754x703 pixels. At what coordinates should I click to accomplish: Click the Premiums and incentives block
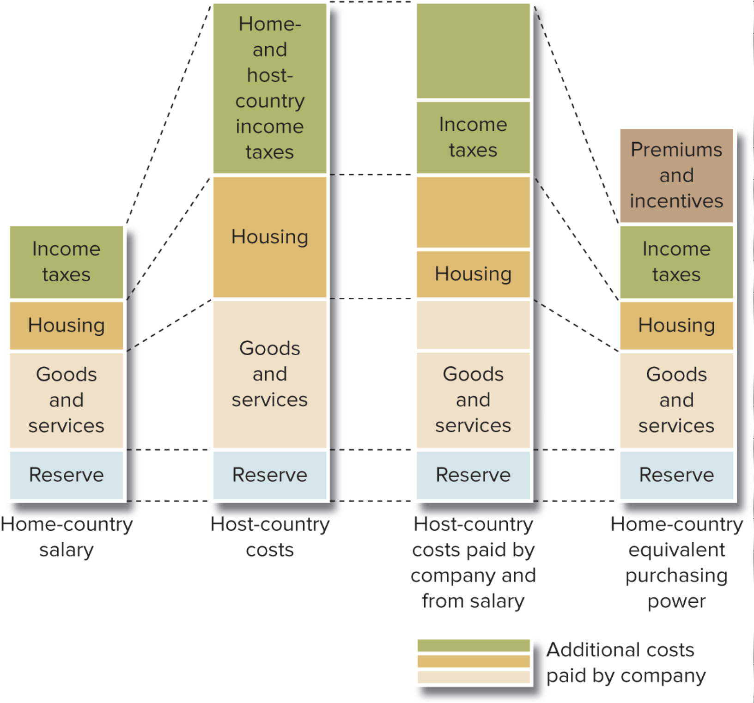[676, 176]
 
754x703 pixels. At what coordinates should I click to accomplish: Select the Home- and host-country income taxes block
[270, 88]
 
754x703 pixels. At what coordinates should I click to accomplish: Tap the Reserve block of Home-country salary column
[67, 475]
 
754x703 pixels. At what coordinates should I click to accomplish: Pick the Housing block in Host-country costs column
[270, 237]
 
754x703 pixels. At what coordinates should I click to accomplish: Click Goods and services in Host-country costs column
[270, 374]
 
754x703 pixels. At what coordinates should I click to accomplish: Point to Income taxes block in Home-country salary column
[67, 262]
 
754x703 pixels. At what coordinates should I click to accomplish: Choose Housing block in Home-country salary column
[67, 325]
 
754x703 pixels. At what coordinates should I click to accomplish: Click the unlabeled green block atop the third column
[473, 51]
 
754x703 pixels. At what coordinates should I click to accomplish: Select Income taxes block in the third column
[473, 137]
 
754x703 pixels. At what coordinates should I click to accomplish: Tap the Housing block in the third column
[473, 274]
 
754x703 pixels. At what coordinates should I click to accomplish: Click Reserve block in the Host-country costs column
[270, 475]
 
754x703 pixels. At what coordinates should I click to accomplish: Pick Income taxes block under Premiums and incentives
[676, 262]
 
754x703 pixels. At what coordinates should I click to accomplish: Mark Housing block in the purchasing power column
[676, 325]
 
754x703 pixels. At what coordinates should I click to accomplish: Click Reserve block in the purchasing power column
[676, 475]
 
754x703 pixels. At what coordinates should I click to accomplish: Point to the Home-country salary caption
[67, 537]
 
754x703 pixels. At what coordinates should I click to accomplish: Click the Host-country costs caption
[270, 537]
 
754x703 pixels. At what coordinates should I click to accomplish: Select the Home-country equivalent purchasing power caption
[676, 562]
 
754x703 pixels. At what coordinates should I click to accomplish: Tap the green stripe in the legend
[473, 645]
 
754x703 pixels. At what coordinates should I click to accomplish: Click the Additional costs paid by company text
[626, 662]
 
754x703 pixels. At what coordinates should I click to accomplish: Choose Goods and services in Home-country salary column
[67, 400]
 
